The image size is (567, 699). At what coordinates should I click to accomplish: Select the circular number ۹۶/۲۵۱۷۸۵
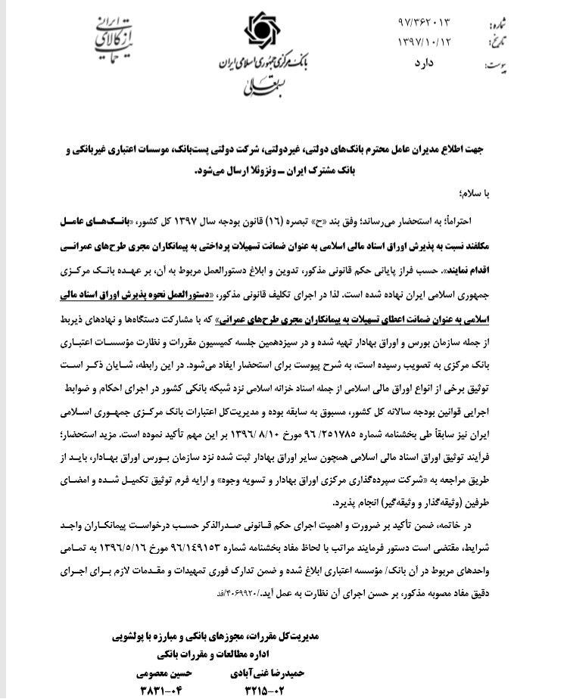(325, 436)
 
